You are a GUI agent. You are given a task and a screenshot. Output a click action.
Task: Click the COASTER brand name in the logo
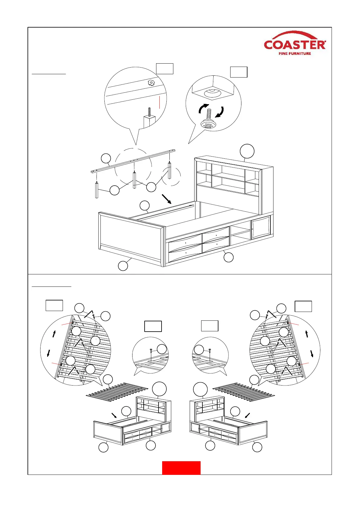[295, 45]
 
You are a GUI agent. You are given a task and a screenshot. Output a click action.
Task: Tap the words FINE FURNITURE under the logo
[295, 54]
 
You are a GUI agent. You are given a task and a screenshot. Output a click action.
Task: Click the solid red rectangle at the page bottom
[181, 468]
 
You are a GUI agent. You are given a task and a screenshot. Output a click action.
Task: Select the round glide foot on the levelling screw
[208, 124]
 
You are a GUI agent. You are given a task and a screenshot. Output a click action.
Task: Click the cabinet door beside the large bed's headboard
[261, 227]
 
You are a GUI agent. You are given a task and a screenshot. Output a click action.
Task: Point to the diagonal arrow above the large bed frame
[167, 199]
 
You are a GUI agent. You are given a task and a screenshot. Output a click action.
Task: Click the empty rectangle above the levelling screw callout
[239, 72]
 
